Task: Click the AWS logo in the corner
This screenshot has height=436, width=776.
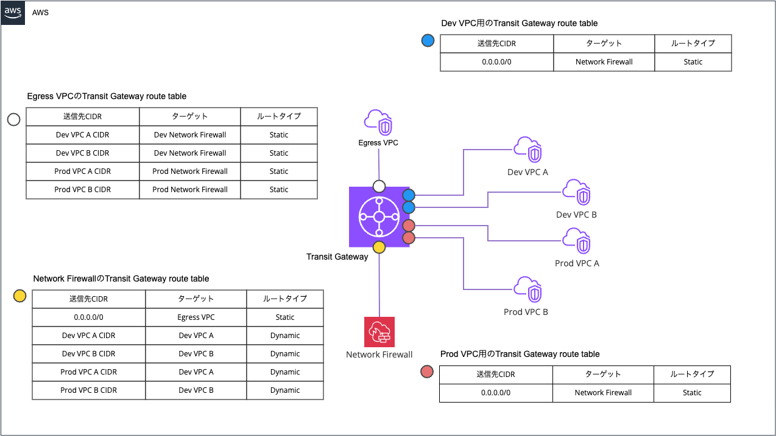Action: pyautogui.click(x=13, y=12)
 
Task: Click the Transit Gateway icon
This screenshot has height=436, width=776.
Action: pyautogui.click(x=379, y=217)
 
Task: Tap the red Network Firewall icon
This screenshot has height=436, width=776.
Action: pyautogui.click(x=379, y=332)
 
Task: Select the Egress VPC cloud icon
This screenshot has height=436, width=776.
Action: pyautogui.click(x=378, y=122)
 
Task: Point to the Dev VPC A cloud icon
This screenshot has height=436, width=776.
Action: pyautogui.click(x=527, y=150)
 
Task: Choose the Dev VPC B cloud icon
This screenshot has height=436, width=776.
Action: pyautogui.click(x=576, y=192)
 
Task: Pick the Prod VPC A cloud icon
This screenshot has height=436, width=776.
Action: pyautogui.click(x=576, y=241)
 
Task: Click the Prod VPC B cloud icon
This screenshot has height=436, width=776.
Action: pyautogui.click(x=527, y=289)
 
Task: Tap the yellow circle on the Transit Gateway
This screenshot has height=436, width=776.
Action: pyautogui.click(x=379, y=247)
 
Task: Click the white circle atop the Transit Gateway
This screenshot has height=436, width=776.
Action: pyautogui.click(x=379, y=186)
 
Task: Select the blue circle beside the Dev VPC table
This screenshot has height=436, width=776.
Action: pyautogui.click(x=428, y=41)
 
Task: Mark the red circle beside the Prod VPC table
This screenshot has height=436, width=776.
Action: pyautogui.click(x=427, y=372)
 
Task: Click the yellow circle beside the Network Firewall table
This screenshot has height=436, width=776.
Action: pyautogui.click(x=19, y=296)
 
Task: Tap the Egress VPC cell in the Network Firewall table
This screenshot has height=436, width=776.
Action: pyautogui.click(x=196, y=317)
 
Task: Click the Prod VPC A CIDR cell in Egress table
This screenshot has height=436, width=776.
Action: pyautogui.click(x=82, y=171)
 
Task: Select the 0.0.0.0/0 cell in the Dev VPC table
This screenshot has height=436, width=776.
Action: pyautogui.click(x=497, y=62)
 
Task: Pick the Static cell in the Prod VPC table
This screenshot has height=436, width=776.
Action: pyautogui.click(x=692, y=393)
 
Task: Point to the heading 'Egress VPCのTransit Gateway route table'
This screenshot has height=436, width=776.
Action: pyautogui.click(x=107, y=96)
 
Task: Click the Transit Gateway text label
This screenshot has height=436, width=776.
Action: pyautogui.click(x=337, y=257)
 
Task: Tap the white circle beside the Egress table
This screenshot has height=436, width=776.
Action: pyautogui.click(x=14, y=120)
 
